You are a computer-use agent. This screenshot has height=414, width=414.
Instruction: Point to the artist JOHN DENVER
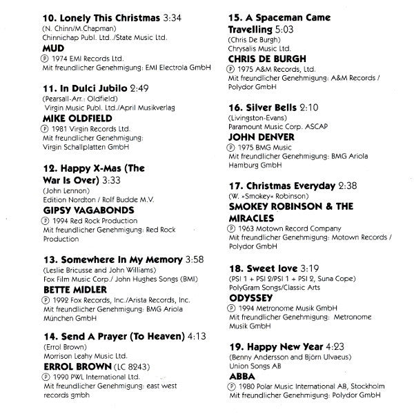(x=261, y=137)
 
